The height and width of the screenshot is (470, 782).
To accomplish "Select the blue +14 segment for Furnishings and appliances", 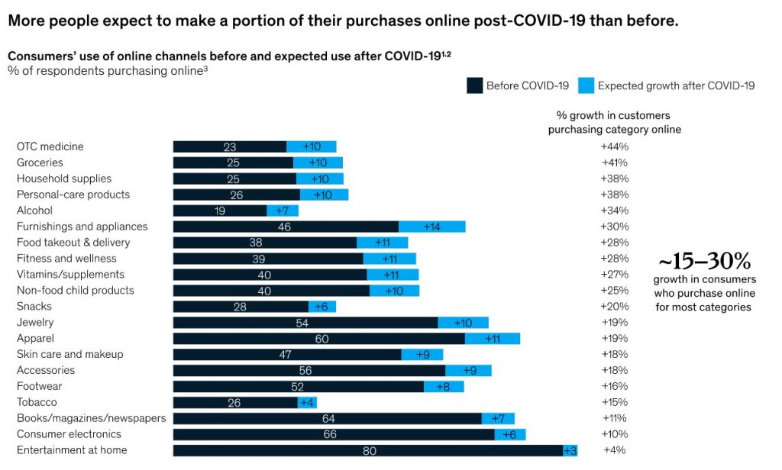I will point(431,227).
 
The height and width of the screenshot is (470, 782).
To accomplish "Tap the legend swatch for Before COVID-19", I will point(474,85).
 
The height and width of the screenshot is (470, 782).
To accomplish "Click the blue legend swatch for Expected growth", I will point(586,85).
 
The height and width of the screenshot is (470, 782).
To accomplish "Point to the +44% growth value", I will point(614,146).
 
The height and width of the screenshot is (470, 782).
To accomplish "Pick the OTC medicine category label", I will point(50,146).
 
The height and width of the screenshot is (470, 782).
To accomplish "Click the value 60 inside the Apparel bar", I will point(318,338).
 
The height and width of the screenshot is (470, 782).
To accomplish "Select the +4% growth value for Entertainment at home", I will point(614,450).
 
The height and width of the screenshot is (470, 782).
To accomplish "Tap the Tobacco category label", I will point(37,402).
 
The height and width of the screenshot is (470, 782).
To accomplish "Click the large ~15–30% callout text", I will point(704,262).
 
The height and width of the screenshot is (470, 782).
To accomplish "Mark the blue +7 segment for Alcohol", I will point(283,211).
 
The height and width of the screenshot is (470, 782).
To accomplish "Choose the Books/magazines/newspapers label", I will point(92,418).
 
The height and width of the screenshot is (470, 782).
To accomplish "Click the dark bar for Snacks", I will point(241,307).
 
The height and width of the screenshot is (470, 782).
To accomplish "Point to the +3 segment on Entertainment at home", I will point(570,450).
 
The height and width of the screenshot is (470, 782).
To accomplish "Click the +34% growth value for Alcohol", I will point(614,211).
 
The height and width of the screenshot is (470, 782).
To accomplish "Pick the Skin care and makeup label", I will point(70,354).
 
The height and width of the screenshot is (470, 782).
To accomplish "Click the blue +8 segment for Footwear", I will point(443,386).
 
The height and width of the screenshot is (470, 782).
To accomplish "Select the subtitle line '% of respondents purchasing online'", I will point(106,71).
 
